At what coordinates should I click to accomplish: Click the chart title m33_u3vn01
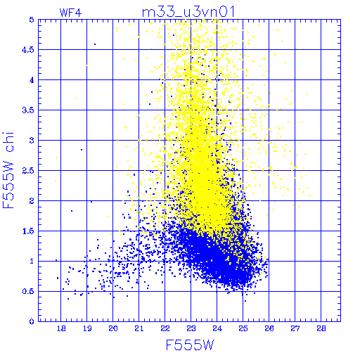[x=188, y=12]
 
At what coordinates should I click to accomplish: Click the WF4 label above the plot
[x=70, y=13]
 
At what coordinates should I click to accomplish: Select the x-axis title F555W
[x=190, y=345]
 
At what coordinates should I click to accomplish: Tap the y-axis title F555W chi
[x=8, y=170]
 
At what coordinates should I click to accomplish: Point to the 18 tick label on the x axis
[x=61, y=328]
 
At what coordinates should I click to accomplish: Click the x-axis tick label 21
[x=139, y=328]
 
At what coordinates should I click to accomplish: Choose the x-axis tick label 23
[x=191, y=328]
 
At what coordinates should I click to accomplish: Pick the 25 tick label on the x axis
[x=243, y=328]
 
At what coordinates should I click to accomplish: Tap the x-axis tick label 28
[x=321, y=328]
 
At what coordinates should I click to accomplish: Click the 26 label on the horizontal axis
[x=269, y=328]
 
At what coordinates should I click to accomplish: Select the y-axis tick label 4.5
[x=28, y=50]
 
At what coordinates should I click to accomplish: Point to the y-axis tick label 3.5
[x=28, y=110]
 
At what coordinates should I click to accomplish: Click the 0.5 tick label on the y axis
[x=28, y=292]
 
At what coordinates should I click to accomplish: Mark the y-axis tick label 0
[x=32, y=321]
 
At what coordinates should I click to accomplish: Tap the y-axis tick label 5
[x=32, y=20]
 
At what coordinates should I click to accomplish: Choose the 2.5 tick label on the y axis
[x=28, y=171]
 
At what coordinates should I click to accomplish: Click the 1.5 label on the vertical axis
[x=28, y=231]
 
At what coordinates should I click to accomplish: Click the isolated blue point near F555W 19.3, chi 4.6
[x=95, y=44]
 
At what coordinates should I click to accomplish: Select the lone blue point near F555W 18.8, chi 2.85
[x=82, y=150]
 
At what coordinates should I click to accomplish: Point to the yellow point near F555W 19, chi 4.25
[x=86, y=65]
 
